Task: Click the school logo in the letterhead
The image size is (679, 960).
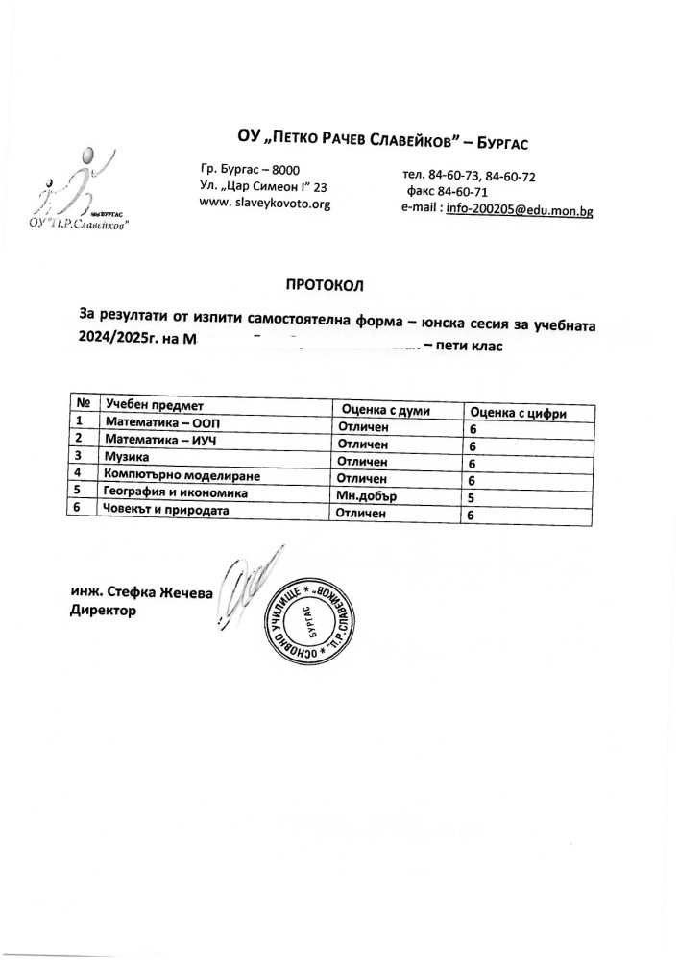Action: tap(83, 192)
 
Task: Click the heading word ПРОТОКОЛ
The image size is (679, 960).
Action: tap(326, 284)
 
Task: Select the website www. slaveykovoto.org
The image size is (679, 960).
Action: tap(264, 204)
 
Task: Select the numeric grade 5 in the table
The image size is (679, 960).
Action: tap(472, 498)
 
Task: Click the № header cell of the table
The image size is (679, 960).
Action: tap(83, 404)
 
